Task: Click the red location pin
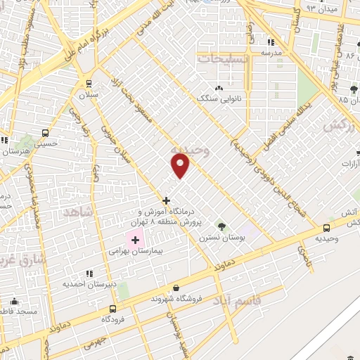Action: (181, 166)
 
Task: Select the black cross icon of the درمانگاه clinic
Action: (166, 200)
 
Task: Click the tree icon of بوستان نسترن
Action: (223, 226)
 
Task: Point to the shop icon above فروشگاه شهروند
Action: (175, 288)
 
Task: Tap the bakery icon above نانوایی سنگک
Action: (219, 88)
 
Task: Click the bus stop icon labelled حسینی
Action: (46, 133)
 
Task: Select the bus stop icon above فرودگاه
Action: (113, 308)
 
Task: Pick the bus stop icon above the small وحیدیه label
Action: (326, 228)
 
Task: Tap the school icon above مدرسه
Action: (271, 41)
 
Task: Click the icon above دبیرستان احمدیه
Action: (89, 273)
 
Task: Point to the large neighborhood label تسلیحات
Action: (223, 60)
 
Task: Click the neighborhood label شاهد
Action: (78, 212)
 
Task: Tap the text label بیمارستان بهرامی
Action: (136, 250)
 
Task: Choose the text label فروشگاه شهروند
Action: (176, 298)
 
